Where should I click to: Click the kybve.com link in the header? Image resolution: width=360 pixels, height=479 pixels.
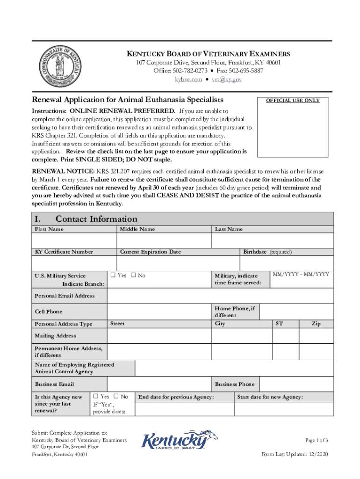tap(188, 80)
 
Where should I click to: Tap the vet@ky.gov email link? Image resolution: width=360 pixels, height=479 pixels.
tap(226, 80)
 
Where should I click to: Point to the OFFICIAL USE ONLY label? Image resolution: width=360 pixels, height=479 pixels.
tap(293, 100)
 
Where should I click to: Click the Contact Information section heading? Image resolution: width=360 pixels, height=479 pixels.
tap(96, 219)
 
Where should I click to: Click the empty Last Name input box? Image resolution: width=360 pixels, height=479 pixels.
tap(273, 240)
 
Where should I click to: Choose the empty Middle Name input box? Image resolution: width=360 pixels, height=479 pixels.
tap(164, 240)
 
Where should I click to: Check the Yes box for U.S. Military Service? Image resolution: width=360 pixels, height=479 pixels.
tap(113, 276)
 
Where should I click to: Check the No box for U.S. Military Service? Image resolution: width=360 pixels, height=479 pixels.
tap(133, 276)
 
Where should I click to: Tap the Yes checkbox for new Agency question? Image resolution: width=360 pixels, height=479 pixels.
tap(96, 397)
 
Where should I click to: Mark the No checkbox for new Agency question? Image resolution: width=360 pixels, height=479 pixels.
tap(116, 397)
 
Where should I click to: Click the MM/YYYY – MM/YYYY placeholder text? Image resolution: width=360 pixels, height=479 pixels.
tap(301, 274)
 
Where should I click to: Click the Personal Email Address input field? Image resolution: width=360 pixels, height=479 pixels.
tap(220, 296)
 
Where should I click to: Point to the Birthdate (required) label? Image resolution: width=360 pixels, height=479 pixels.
tap(267, 252)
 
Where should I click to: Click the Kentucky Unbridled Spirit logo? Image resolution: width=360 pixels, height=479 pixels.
tap(180, 441)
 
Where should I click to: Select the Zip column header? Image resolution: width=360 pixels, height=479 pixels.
tap(316, 324)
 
